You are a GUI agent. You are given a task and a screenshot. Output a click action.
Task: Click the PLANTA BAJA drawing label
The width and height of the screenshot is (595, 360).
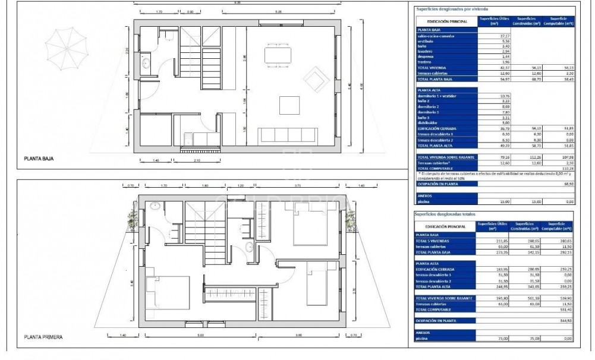coord(38,159)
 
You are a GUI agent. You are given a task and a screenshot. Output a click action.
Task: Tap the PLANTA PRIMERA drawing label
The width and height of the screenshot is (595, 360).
coord(43,337)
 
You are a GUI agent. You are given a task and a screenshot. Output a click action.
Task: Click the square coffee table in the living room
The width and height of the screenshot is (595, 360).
coord(289,105)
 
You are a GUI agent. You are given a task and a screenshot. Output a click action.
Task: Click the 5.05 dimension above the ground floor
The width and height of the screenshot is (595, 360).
coord(278,11)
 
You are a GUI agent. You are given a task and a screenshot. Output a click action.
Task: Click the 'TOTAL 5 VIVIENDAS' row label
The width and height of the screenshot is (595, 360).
coord(433,241)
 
